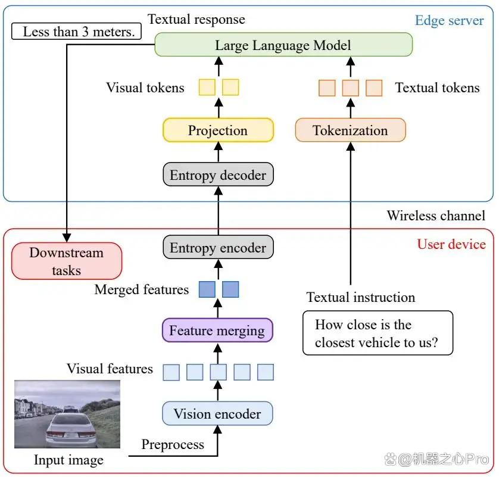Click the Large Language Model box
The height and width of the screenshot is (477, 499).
pos(283,45)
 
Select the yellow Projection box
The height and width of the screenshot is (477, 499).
pos(218,130)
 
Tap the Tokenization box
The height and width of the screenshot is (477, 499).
pos(350,130)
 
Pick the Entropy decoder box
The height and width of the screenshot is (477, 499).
pos(218,174)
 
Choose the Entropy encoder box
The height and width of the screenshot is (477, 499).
pos(218,247)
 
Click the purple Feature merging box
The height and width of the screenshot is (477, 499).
pos(217,330)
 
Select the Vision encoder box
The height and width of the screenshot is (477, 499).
pos(217,413)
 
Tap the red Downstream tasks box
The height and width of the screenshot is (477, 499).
pos(67,261)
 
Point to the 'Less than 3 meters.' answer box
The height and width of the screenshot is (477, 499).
pos(76,31)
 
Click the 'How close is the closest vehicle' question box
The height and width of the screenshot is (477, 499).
pos(378,333)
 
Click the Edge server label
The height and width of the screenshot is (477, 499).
pos(450,20)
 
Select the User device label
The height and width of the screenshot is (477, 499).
pos(451,244)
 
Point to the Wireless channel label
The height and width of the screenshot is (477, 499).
pos(436,216)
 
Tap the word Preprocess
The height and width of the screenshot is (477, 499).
pos(173,444)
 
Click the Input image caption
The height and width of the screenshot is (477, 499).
pos(68,460)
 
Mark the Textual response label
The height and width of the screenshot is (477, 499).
pos(197,19)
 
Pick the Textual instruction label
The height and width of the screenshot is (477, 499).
pos(361,297)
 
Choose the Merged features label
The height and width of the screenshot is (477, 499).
pos(142,289)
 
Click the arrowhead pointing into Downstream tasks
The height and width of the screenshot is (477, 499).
pos(67,238)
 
